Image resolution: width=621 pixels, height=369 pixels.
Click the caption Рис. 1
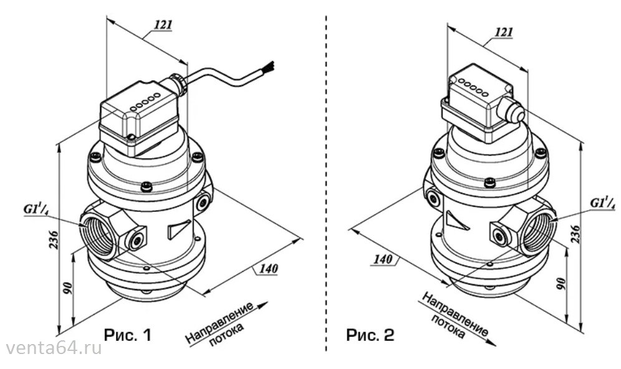coord(128,335)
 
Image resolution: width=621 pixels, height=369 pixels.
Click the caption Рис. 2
coord(370,335)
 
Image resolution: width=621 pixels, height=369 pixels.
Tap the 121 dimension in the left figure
coord(163,24)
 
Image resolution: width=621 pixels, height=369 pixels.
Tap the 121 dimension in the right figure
coord(504,32)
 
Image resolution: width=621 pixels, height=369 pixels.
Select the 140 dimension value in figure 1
coord(268,269)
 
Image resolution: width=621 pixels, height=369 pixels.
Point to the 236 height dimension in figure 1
coord(53,239)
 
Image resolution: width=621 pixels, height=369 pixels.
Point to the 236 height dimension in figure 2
coord(575,234)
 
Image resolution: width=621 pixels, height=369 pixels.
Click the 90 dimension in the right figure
coord(561,284)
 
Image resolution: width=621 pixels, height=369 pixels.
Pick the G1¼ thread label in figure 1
coord(36,209)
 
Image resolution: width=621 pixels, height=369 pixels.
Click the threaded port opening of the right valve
coord(538,229)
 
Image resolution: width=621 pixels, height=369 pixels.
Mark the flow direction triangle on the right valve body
coord(456,221)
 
